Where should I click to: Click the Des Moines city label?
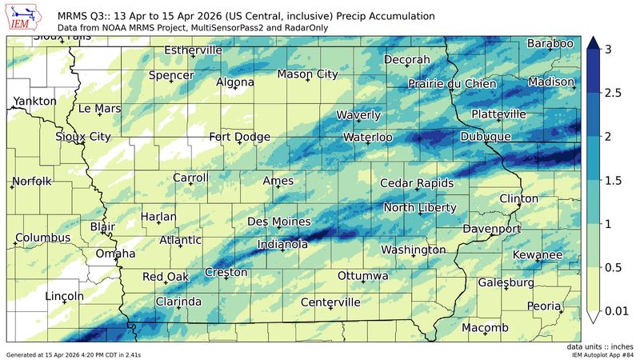[274, 221]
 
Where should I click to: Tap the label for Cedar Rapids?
[416, 183]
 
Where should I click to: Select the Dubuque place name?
[485, 138]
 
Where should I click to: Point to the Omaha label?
[115, 254]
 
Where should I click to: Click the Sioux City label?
[83, 137]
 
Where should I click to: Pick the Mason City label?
[307, 74]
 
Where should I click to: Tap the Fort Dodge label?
[239, 137]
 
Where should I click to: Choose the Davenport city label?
[492, 229]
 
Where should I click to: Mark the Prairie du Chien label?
[453, 83]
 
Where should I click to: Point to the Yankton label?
[34, 101]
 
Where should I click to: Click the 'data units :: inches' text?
[600, 346]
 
